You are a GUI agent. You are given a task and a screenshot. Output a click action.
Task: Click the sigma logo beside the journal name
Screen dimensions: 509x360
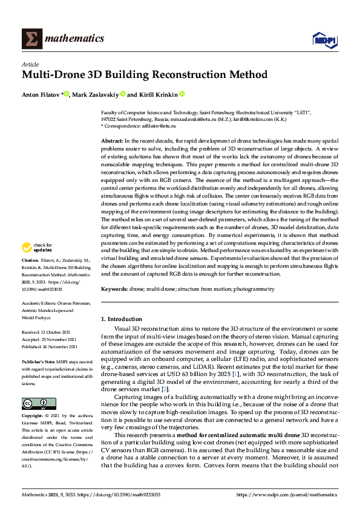(31, 39)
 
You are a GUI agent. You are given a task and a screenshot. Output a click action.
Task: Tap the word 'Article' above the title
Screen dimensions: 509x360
(30, 64)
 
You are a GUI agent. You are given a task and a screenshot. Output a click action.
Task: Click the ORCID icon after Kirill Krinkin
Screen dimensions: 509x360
(182, 94)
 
